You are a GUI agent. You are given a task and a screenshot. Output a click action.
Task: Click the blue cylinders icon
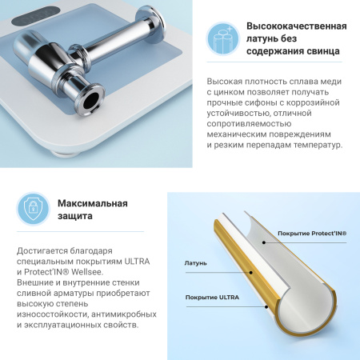coord(223,37)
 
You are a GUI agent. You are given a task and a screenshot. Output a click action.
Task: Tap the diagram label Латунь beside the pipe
coord(196,262)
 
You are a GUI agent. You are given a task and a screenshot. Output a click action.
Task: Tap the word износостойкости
coord(52,313)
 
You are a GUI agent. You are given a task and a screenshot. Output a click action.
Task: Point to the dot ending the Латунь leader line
coord(253,272)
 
